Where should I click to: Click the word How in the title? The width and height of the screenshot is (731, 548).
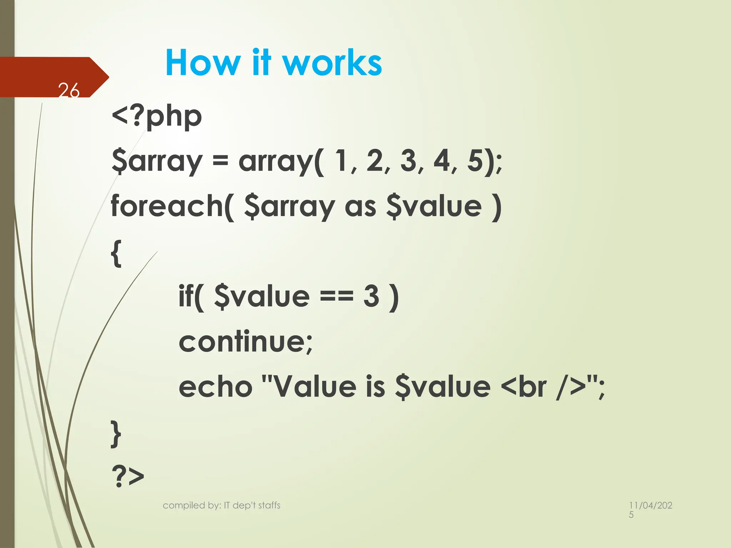point(203,63)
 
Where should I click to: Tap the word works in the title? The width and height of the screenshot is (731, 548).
point(332,63)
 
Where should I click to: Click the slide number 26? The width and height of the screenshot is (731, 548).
point(69,90)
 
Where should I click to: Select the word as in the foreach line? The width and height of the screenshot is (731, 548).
point(361,207)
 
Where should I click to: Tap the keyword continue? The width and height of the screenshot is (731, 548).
point(246,342)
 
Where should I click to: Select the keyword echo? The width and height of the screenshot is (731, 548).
point(216,387)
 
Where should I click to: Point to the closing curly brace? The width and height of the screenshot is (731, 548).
point(116,433)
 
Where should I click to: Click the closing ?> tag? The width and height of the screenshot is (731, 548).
point(128,477)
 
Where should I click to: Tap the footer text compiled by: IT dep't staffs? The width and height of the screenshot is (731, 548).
point(221,505)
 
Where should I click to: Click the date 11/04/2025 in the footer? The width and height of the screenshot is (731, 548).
point(650,509)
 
